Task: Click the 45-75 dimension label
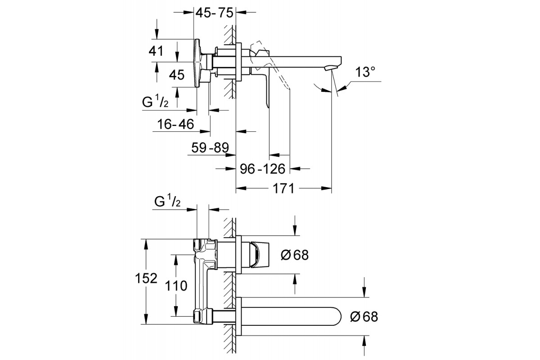pyautogui.click(x=214, y=13)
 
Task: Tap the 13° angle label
pyautogui.click(x=364, y=72)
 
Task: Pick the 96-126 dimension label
pyautogui.click(x=263, y=169)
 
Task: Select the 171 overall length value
pyautogui.click(x=283, y=189)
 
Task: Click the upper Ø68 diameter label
pyautogui.click(x=294, y=255)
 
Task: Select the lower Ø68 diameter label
pyautogui.click(x=364, y=317)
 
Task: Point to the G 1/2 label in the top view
pyautogui.click(x=155, y=102)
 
